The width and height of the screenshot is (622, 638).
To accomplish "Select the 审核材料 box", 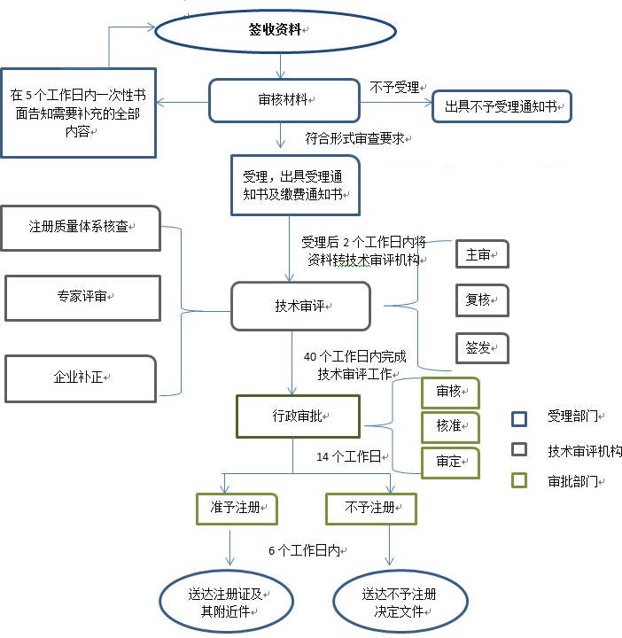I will (281, 100).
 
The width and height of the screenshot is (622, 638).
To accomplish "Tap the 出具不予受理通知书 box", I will (501, 106).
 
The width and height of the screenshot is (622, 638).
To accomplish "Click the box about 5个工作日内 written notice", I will (78, 113).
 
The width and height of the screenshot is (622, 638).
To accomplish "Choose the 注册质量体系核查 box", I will (82, 228).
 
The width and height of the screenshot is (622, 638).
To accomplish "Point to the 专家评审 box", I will (82, 297).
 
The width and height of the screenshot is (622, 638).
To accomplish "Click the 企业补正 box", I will (81, 377).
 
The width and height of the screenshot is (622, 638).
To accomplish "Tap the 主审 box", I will (482, 254).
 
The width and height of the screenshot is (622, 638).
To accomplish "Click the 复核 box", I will (482, 300).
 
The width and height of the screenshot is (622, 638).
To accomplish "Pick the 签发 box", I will (482, 347).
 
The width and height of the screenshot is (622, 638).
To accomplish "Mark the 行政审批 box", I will (298, 416).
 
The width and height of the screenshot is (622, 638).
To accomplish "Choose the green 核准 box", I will (449, 426).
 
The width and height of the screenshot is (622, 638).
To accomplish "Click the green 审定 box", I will (449, 463).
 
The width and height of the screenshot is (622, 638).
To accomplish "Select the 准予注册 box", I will (236, 509).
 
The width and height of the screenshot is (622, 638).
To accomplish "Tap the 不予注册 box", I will (370, 509).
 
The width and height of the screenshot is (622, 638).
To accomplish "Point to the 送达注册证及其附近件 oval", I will (226, 602).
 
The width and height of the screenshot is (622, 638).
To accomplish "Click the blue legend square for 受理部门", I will (520, 417).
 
